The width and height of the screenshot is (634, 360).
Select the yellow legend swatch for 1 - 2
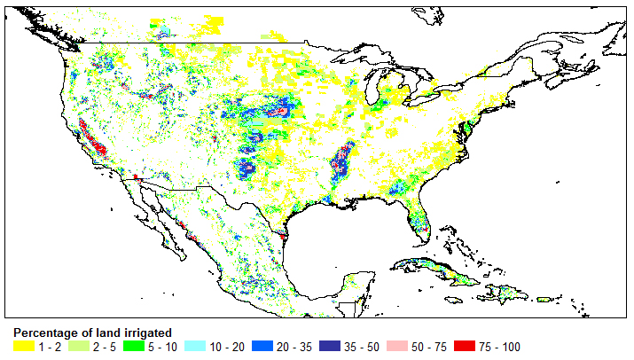click(x=24, y=346)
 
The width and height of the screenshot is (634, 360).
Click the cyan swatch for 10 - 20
click(x=196, y=346)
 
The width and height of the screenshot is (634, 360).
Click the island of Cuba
click(x=434, y=269)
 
